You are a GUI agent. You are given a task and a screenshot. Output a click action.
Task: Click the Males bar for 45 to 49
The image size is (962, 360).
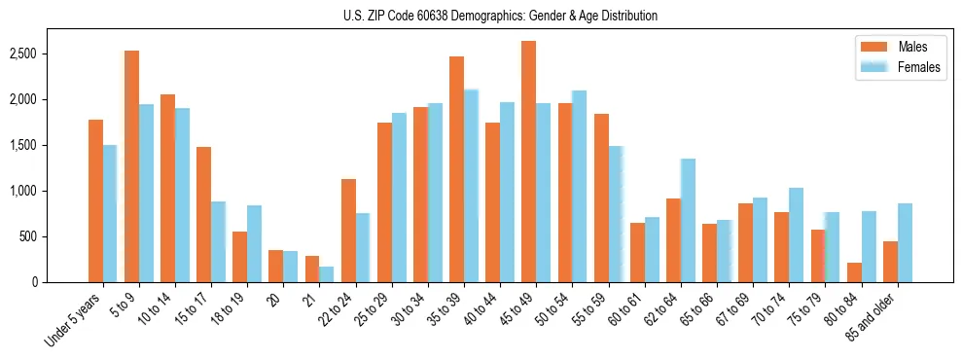coord(528,162)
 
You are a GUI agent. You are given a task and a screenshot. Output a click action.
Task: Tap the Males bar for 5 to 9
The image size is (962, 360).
coord(131,166)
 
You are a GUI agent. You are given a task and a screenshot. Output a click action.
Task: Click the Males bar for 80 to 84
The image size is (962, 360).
coord(854,271)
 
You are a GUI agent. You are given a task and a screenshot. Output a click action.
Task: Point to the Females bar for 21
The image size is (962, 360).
coord(327,274)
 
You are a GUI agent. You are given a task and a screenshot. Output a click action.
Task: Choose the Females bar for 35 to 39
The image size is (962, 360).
coord(471,186)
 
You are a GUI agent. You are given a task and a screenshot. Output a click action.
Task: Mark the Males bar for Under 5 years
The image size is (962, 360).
coord(95,200)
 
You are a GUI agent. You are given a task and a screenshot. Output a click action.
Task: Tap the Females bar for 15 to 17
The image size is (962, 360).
coord(218,241)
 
